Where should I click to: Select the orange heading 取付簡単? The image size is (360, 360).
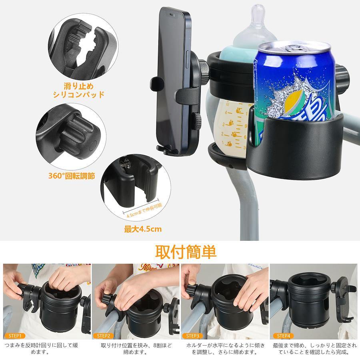point(186,252)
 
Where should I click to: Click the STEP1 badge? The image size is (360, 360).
point(15,336)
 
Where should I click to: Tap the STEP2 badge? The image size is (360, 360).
point(104,336)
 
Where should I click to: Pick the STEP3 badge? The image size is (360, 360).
point(192,336)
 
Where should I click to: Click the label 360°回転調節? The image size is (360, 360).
point(72,176)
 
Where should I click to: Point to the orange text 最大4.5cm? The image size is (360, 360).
point(143,229)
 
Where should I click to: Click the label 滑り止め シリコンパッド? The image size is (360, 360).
point(78,90)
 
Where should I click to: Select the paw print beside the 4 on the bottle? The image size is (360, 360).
point(239,111)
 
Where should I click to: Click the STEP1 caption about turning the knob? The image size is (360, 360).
point(41,348)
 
